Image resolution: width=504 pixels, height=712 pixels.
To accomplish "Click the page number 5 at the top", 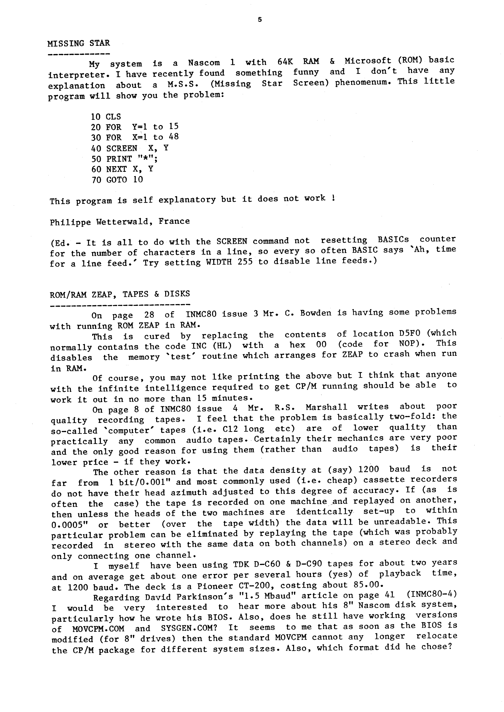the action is (260, 20).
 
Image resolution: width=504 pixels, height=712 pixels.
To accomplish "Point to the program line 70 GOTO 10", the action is (117, 180).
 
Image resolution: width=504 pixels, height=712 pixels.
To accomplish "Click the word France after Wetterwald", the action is (174, 221).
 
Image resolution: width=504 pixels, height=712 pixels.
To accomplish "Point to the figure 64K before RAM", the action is (285, 62).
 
